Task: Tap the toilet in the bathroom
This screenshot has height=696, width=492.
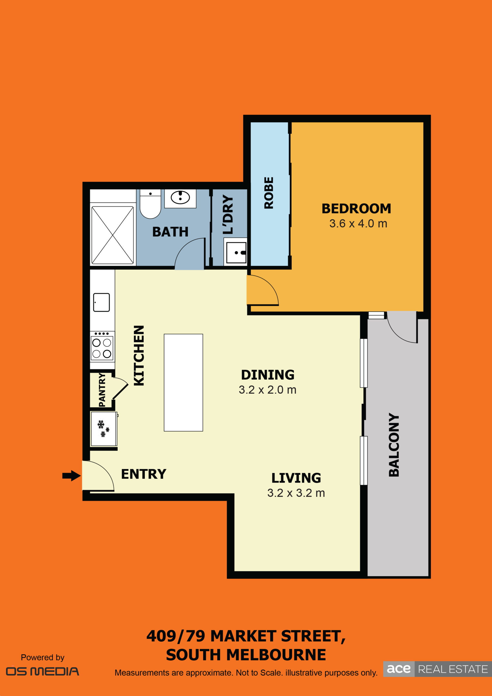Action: tap(150, 204)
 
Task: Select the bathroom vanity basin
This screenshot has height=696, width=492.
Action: tap(180, 198)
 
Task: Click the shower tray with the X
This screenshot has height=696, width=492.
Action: tap(113, 235)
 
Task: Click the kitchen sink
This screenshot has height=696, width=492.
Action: tap(101, 302)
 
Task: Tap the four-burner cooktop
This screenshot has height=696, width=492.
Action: tap(102, 346)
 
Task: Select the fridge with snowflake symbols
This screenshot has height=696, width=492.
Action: tap(104, 429)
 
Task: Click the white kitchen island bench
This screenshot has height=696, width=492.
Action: tap(183, 383)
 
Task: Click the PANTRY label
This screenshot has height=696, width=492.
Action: tap(102, 390)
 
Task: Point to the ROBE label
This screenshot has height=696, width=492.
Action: tap(269, 193)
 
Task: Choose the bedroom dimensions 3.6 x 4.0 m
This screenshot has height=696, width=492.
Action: tap(358, 224)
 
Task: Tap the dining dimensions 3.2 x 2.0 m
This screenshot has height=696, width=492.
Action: tap(267, 390)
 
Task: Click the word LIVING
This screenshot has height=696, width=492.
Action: tap(296, 478)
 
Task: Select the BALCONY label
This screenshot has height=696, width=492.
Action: tap(394, 445)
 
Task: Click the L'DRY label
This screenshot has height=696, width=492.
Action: tap(228, 214)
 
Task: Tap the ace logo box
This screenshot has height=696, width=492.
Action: tap(399, 669)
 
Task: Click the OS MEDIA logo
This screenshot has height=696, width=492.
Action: tap(42, 672)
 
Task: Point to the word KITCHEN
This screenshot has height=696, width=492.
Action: tap(139, 356)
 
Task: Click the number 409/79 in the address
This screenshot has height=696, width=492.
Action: tap(176, 636)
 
